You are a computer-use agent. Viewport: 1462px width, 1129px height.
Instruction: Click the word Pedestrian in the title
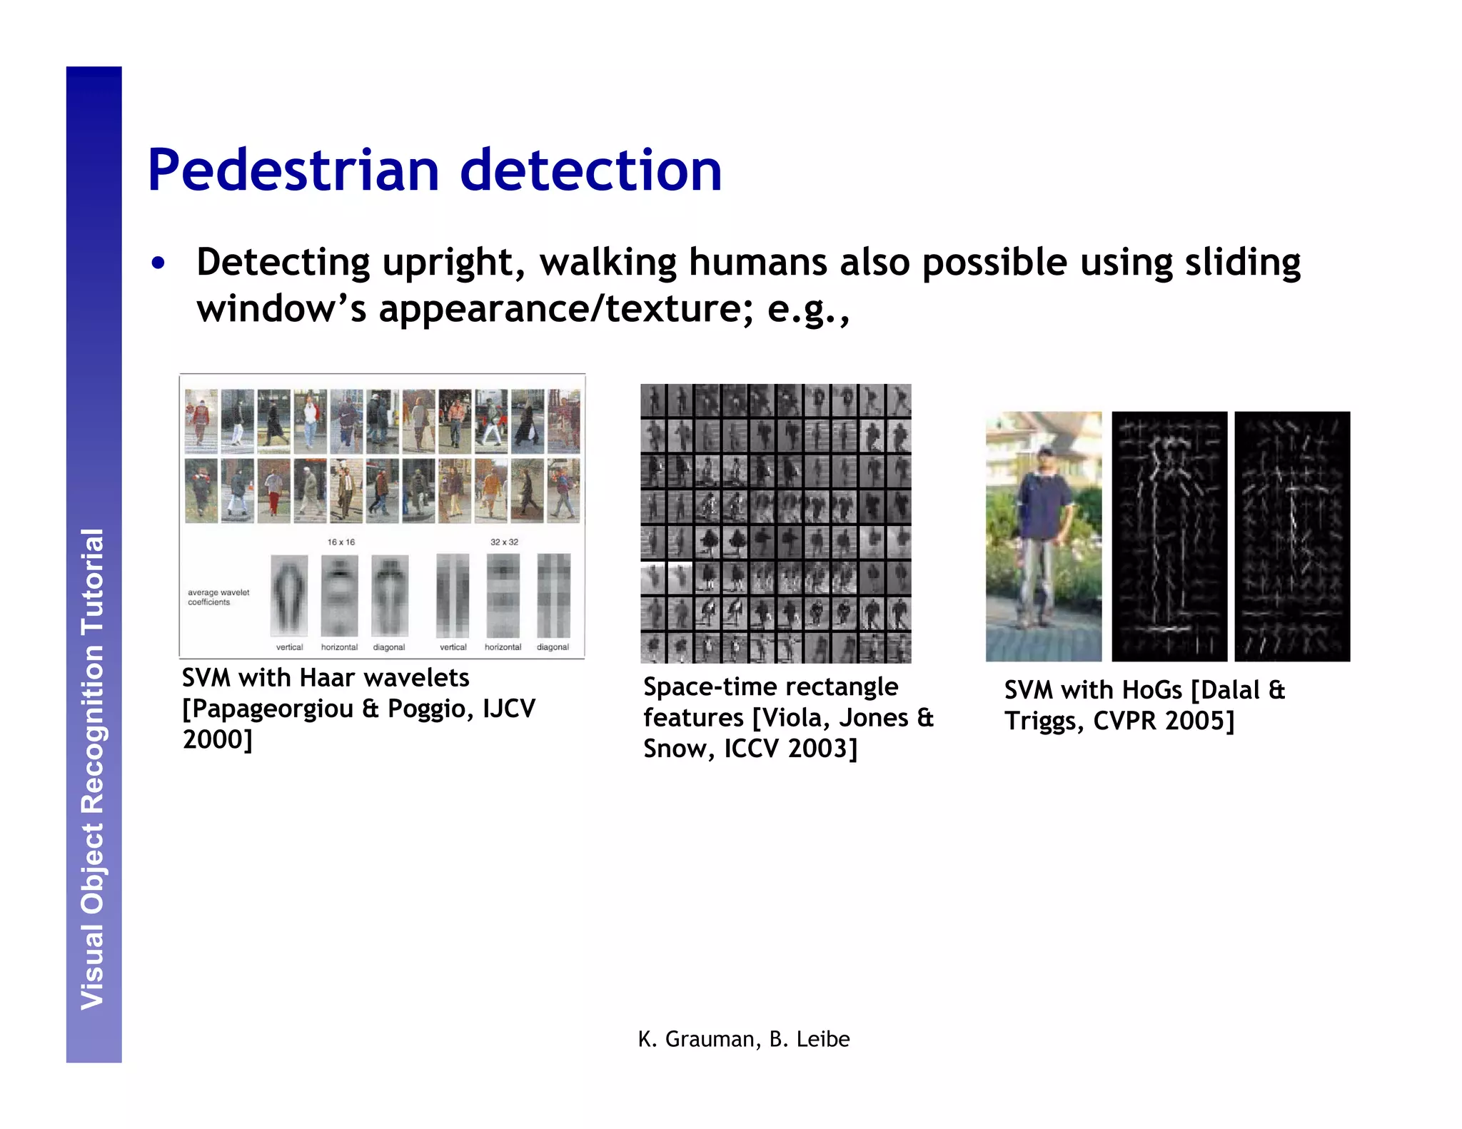[293, 171]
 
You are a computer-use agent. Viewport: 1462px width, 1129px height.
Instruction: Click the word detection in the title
[591, 171]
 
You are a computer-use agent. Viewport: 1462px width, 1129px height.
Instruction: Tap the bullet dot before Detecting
[158, 263]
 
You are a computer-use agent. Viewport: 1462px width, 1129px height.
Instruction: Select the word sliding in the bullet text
[1243, 263]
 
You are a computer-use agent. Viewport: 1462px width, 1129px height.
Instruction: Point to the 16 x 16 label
[341, 542]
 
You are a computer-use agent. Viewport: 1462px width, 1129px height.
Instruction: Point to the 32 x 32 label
[504, 542]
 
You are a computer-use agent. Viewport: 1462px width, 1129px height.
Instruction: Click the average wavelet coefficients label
[218, 597]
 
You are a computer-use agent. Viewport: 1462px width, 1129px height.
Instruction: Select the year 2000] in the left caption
[218, 739]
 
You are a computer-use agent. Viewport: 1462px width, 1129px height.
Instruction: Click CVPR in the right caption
[1126, 721]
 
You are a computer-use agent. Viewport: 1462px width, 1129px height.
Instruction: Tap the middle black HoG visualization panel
[1169, 537]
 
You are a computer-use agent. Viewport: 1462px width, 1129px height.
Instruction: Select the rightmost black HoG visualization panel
[1291, 537]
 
